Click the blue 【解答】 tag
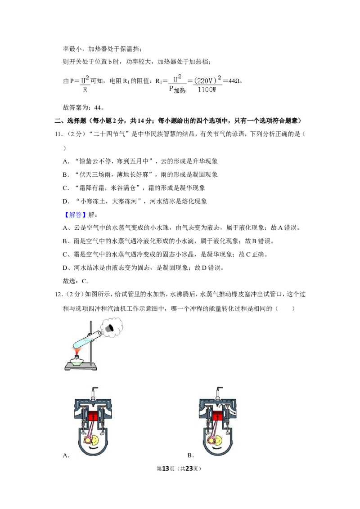tap(75, 214)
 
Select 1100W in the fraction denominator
tap(207, 89)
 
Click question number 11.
tap(58, 134)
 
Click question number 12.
tap(58, 295)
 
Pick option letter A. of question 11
tap(66, 161)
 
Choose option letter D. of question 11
tap(66, 201)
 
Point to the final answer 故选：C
tap(76, 281)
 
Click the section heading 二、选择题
tap(70, 121)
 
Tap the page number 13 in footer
tap(166, 469)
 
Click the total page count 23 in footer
tap(189, 469)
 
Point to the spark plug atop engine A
tap(95, 393)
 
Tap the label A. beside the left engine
tap(66, 455)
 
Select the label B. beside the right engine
tap(191, 455)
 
